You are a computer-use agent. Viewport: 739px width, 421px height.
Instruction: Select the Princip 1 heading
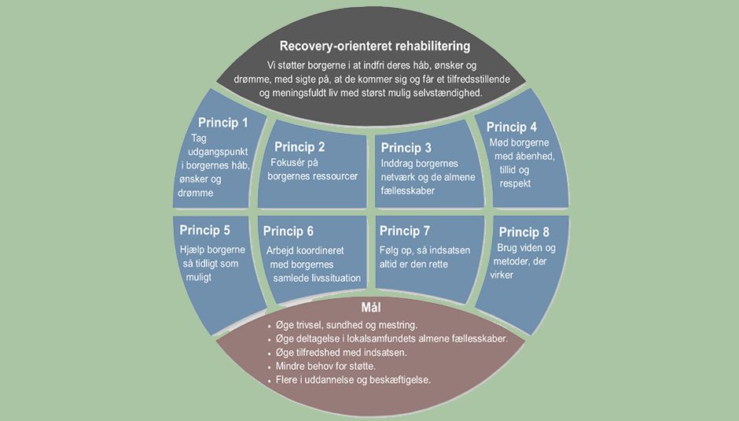pos(222,123)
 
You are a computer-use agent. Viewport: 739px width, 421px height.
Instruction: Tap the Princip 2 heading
pos(300,146)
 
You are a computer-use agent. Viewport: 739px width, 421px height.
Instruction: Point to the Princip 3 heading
pos(406,148)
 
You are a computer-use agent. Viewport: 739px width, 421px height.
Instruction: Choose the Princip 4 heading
pos(512,127)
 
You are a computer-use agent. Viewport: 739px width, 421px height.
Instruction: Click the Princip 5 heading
pos(204,231)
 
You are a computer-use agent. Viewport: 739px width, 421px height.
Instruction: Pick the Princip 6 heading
pos(289,231)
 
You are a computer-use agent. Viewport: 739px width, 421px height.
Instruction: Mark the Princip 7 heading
pos(404,231)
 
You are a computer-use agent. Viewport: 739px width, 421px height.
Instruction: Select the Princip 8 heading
pos(524,232)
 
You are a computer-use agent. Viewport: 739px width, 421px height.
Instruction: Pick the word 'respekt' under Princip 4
pos(514,183)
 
